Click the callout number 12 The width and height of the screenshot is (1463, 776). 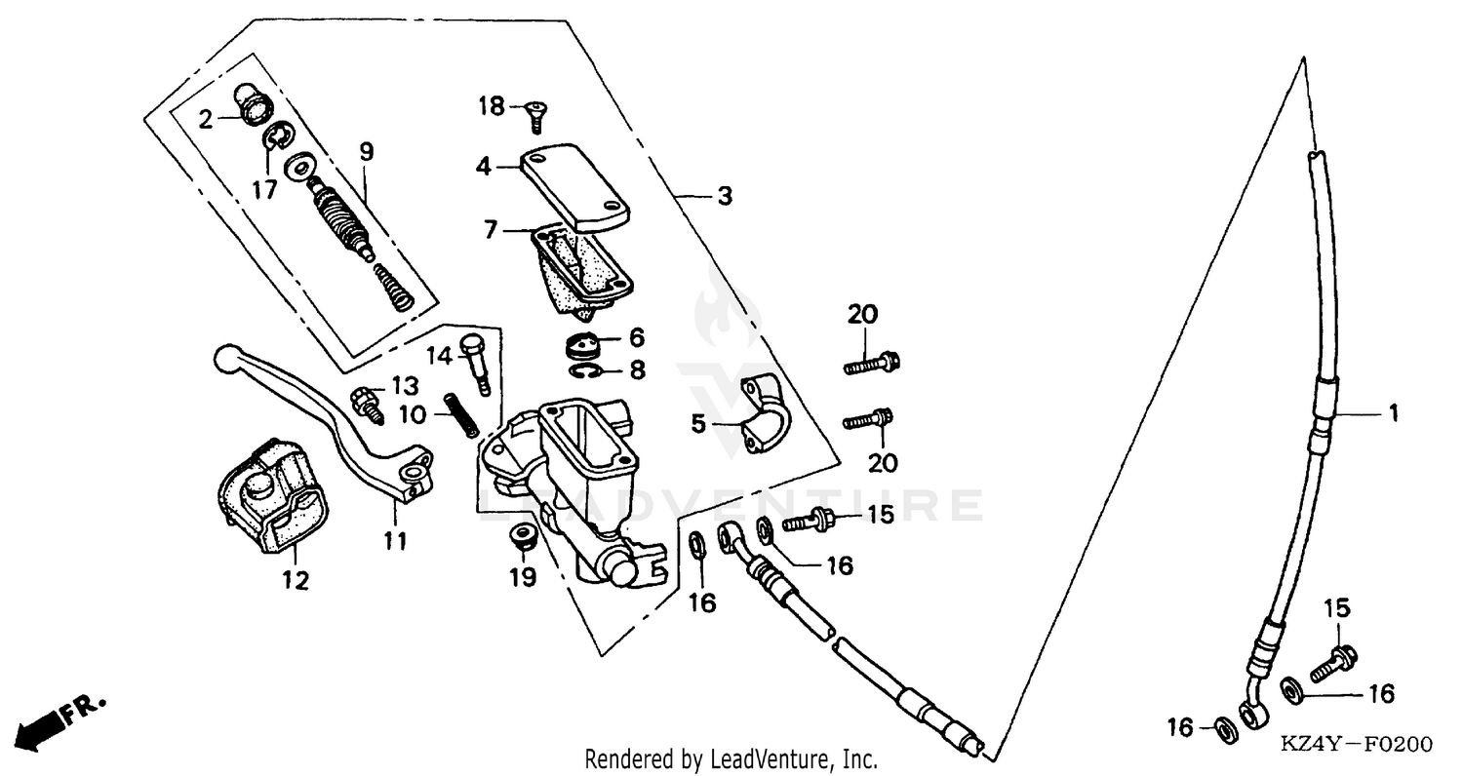click(296, 581)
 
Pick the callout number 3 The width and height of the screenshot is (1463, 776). click(723, 196)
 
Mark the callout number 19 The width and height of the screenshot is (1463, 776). click(523, 578)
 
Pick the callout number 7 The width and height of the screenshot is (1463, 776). click(491, 230)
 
